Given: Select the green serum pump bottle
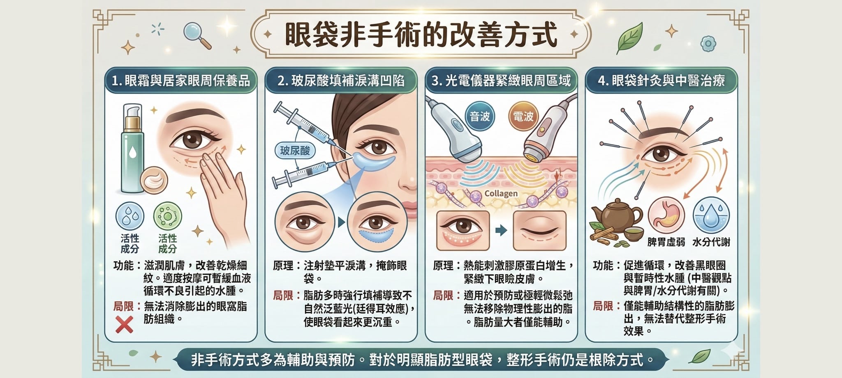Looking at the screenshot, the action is [x=132, y=148].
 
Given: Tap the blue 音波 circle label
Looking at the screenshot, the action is [x=480, y=117].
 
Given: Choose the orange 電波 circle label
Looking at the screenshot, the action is [x=523, y=117].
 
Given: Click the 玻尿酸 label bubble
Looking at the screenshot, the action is [x=295, y=151].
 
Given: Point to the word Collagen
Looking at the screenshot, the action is [x=501, y=193].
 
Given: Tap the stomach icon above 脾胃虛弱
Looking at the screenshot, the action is [x=666, y=216].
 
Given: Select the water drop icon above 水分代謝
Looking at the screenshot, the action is [x=711, y=216].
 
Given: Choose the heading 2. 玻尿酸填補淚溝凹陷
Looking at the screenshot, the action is [x=341, y=80].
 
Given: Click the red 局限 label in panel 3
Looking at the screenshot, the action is [x=443, y=295].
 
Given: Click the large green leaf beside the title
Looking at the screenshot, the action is [x=629, y=38].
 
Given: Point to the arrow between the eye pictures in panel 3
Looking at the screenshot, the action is [x=501, y=230].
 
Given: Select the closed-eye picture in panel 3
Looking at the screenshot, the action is [x=540, y=231].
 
